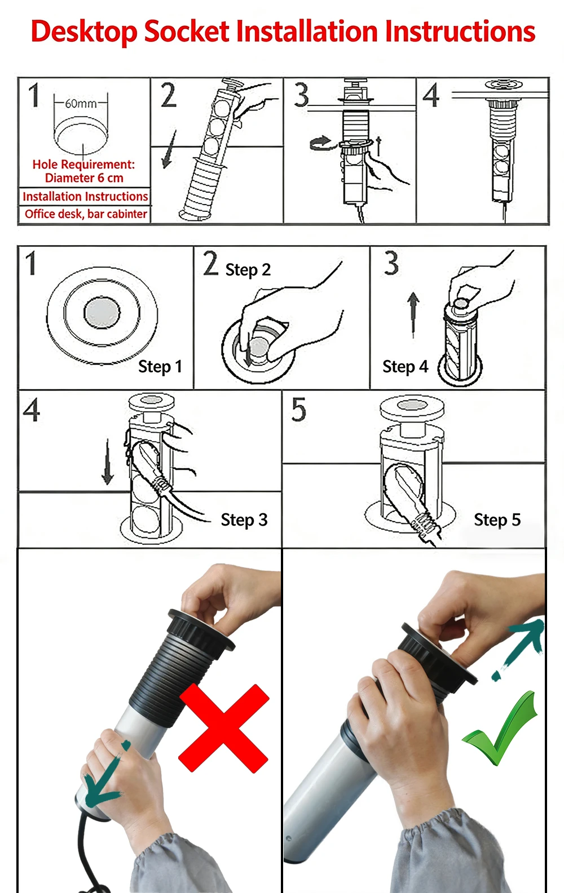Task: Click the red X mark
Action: (x=224, y=728)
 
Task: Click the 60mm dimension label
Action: (x=81, y=104)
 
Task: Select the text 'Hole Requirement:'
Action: (x=83, y=165)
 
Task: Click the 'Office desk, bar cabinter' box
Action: (x=85, y=214)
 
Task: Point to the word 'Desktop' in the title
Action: (x=83, y=32)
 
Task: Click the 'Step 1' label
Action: (x=160, y=367)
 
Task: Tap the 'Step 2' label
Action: (x=248, y=270)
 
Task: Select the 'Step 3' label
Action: (x=244, y=520)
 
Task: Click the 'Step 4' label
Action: (x=405, y=367)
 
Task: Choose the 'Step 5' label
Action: (x=497, y=520)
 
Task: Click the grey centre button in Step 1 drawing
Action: (x=102, y=312)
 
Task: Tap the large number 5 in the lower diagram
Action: (x=298, y=410)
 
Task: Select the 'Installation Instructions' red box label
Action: (x=85, y=197)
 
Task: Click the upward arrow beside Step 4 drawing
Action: (x=413, y=313)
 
